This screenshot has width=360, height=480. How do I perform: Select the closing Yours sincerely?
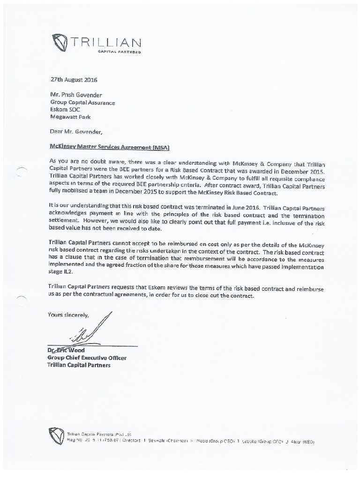tap(68, 315)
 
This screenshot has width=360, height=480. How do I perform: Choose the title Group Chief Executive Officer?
tap(87, 358)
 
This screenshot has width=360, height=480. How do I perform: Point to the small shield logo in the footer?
tap(56, 435)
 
